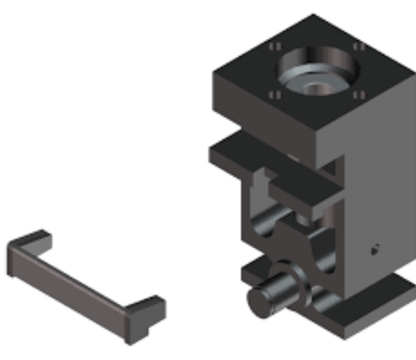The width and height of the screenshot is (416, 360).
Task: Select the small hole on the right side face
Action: point(374,249)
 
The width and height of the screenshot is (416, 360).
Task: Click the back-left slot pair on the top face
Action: point(275,47)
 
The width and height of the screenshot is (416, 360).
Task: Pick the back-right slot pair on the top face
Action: point(359,46)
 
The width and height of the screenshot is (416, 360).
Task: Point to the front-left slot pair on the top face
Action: point(275,95)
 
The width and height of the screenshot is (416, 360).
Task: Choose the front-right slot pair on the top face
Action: point(359,94)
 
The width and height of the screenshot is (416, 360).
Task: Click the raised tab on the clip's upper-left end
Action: point(30,239)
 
